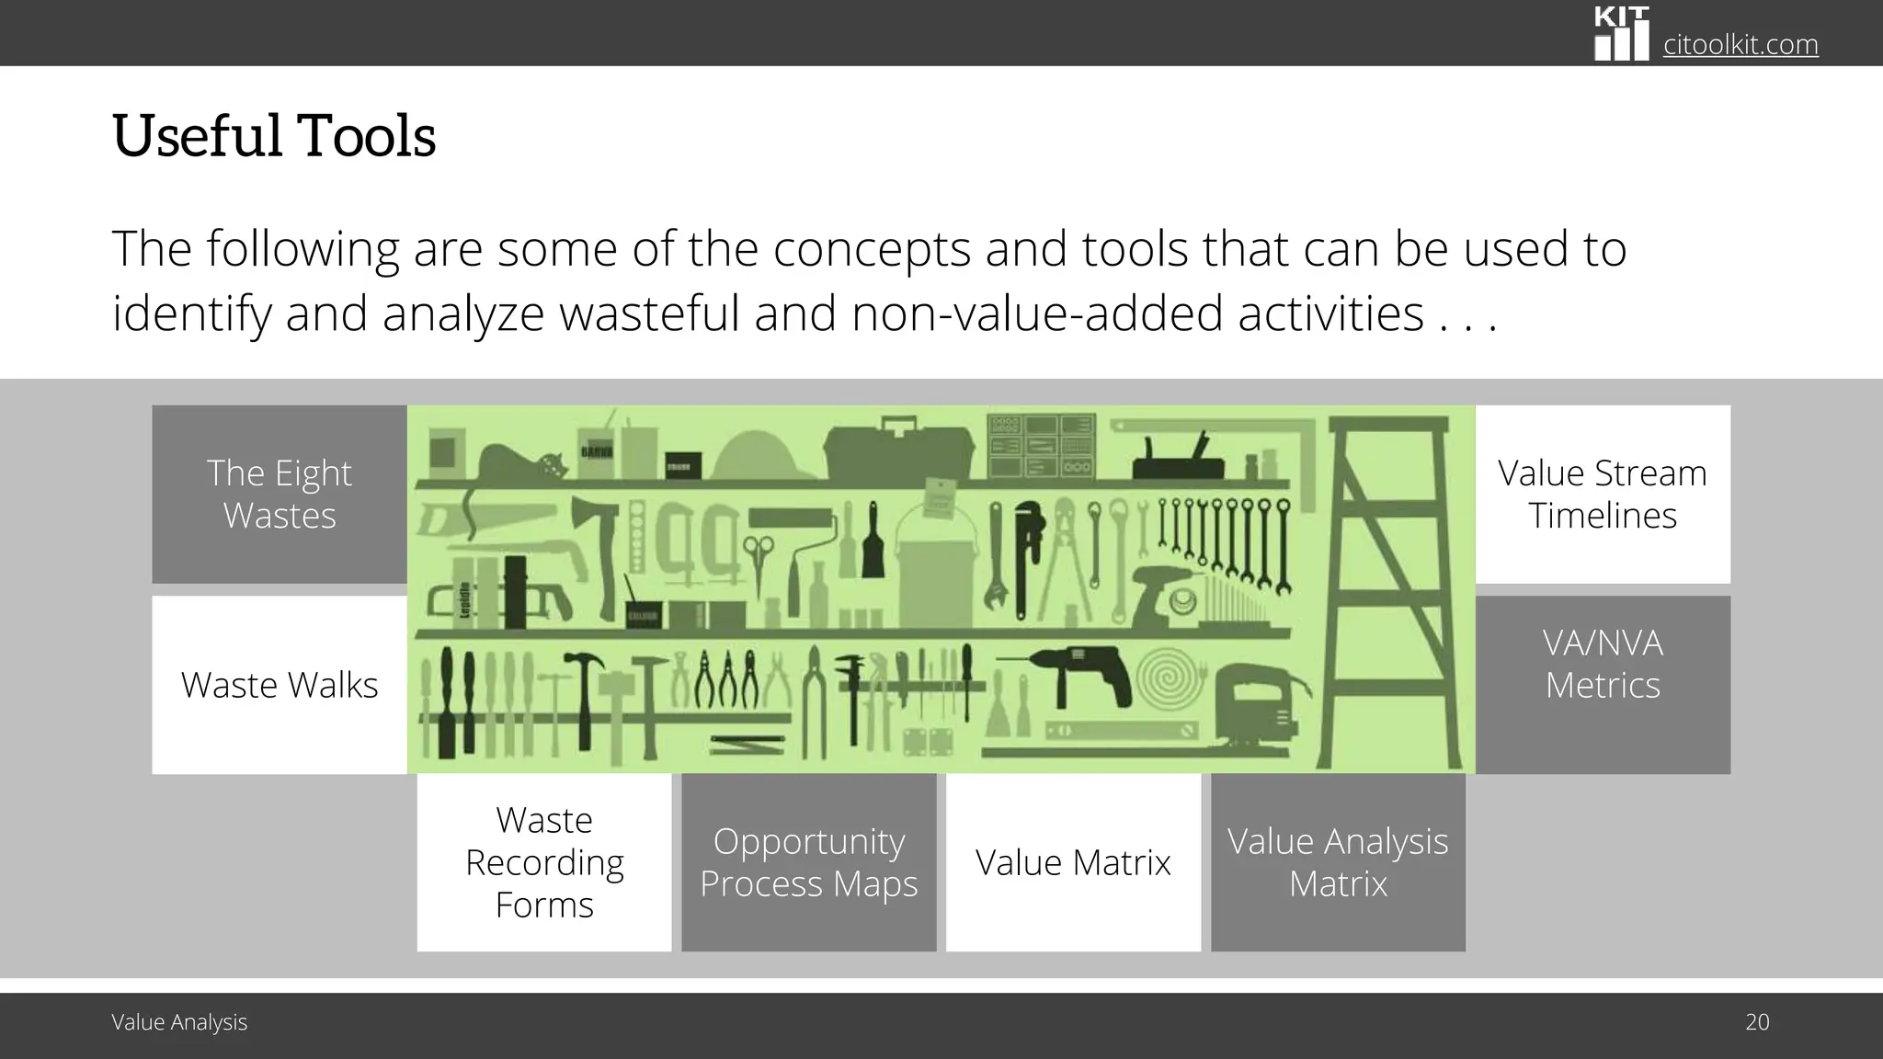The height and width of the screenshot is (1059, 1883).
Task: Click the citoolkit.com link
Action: point(1740,44)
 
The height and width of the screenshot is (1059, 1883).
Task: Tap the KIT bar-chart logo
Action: point(1621,34)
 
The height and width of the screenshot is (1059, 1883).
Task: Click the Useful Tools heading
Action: point(273,136)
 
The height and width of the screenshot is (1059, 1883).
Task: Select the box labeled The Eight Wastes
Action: point(280,495)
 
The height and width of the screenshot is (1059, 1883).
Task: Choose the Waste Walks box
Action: point(280,685)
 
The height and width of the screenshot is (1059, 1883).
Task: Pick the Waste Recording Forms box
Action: point(544,862)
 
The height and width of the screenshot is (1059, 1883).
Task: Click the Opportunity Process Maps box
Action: point(809,862)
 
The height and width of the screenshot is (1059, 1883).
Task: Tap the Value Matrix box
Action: point(1073,862)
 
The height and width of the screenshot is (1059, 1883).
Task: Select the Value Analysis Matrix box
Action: point(1338,862)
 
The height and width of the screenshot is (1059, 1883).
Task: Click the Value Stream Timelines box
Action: point(1603,495)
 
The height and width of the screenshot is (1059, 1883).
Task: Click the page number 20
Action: point(1757,1022)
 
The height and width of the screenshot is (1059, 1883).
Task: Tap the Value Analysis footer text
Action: point(179,1022)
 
